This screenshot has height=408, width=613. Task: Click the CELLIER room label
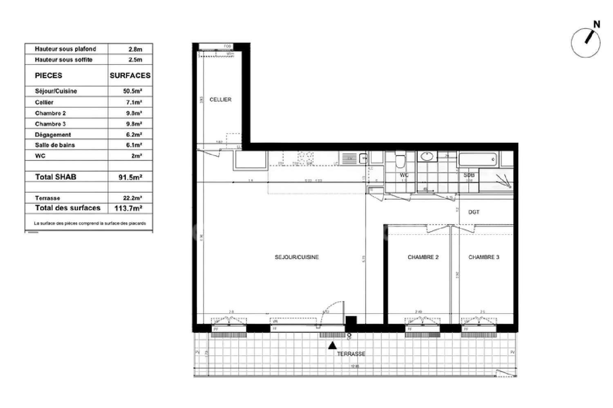(220, 100)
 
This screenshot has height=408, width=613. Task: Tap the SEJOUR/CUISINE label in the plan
(296, 257)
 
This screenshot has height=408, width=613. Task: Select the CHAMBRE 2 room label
(423, 257)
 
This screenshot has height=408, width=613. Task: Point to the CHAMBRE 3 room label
(483, 257)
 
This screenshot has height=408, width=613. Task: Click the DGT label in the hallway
(474, 212)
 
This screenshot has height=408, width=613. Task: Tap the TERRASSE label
(351, 354)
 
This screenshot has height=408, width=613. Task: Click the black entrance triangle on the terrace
(332, 346)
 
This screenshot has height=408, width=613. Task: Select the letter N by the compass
(597, 25)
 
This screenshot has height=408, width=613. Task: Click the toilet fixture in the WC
(400, 160)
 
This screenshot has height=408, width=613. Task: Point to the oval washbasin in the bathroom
(427, 156)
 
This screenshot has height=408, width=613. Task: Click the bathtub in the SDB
(477, 159)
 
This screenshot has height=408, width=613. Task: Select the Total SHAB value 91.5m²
(130, 177)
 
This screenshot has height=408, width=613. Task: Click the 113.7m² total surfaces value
(130, 208)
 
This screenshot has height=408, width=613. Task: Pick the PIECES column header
(49, 76)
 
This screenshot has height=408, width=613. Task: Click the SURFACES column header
(130, 76)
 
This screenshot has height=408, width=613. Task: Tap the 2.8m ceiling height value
(135, 49)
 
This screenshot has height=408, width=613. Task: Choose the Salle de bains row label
(55, 145)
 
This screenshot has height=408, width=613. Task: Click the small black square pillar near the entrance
(351, 320)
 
